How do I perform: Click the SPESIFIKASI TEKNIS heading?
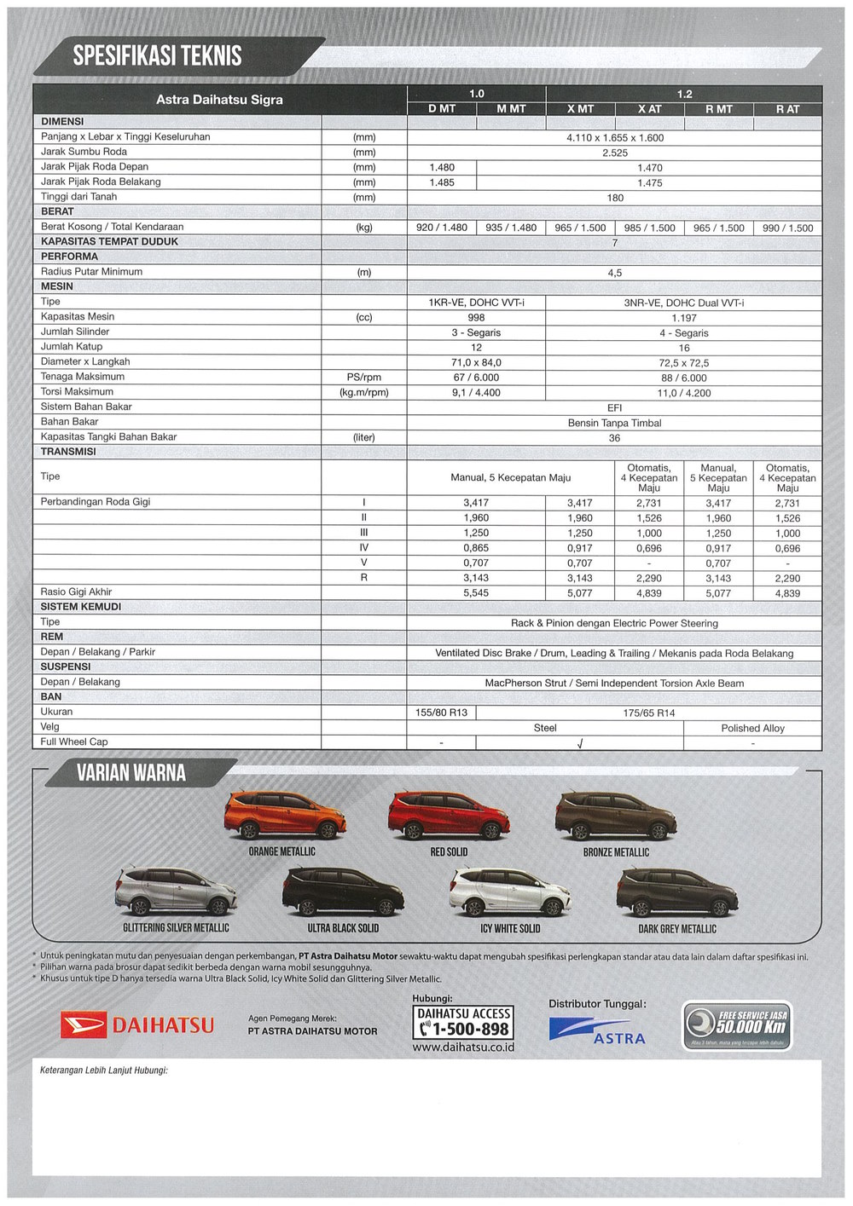(157, 56)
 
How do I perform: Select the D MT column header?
(442, 109)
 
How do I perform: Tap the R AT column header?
(787, 109)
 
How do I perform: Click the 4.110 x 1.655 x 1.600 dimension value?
(614, 138)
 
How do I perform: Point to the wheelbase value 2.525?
(614, 153)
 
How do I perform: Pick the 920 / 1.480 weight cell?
(442, 228)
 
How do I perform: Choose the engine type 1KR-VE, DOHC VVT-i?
(476, 303)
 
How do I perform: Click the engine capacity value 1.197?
(684, 318)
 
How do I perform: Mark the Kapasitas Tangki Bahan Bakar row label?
(108, 437)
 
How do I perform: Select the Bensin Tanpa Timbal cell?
(614, 423)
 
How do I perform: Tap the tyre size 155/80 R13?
(442, 713)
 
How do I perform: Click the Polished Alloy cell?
(752, 728)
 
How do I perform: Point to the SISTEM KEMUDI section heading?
(81, 607)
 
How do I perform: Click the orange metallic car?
(281, 816)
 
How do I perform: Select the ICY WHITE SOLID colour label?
(510, 928)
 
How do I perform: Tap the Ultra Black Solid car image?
(343, 892)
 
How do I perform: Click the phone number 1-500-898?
(465, 1030)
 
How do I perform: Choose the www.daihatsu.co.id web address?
(463, 1047)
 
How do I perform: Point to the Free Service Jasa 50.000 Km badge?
(737, 1025)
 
